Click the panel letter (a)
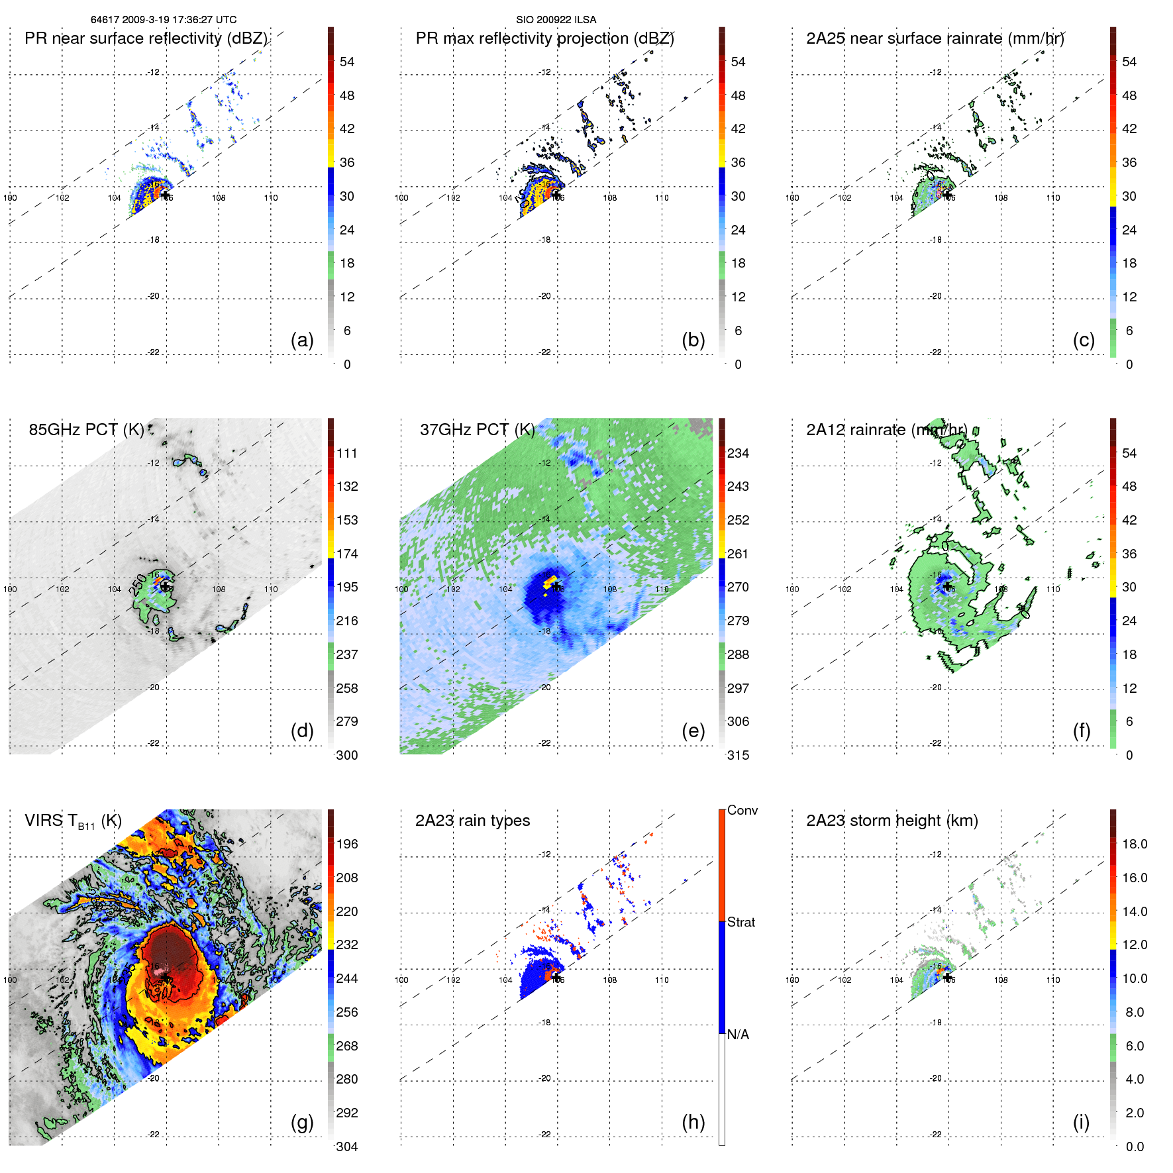click(302, 340)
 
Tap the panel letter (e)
click(693, 731)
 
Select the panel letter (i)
click(1081, 1122)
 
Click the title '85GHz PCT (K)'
click(86, 429)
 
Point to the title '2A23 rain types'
click(472, 821)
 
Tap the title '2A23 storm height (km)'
click(892, 821)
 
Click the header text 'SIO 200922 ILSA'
click(556, 20)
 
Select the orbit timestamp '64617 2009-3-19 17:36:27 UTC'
click(164, 20)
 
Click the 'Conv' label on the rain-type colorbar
click(742, 810)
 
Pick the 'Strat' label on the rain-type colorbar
click(741, 922)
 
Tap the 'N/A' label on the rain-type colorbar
click(738, 1035)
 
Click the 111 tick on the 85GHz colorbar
click(347, 453)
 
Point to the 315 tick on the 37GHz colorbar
click(738, 755)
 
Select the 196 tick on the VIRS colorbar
click(347, 844)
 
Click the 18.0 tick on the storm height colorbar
click(1134, 844)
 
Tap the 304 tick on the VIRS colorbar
click(347, 1147)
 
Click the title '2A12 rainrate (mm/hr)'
click(886, 430)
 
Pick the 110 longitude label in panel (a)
click(271, 197)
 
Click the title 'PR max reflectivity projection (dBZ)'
click(544, 38)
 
